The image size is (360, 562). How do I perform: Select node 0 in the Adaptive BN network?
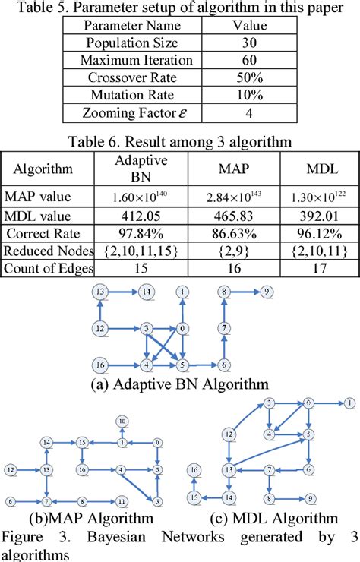pyautogui.click(x=183, y=328)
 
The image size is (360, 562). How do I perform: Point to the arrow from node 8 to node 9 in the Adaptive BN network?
pyautogui.click(x=245, y=292)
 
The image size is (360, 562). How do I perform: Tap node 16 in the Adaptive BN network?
pyautogui.click(x=99, y=365)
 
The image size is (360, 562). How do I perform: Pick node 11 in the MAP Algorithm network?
pyautogui.click(x=121, y=502)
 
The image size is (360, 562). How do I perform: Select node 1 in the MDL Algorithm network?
pyautogui.click(x=348, y=402)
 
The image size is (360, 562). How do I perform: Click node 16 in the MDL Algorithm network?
pyautogui.click(x=195, y=470)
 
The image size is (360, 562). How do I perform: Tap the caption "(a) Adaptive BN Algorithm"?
pyautogui.click(x=179, y=385)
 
